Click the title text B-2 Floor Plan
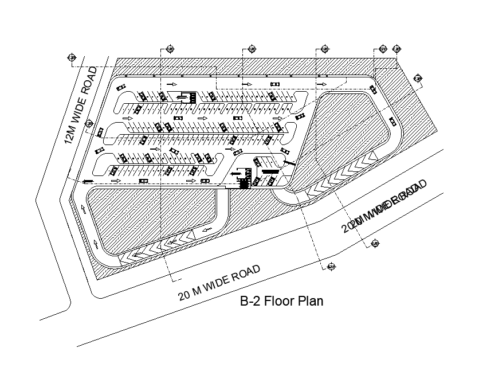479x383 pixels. [x=281, y=301]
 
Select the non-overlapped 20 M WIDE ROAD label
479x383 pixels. [x=219, y=283]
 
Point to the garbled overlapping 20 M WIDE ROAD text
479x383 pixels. [x=384, y=206]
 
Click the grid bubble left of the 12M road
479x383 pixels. [x=72, y=57]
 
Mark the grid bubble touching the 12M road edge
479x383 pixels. [x=89, y=124]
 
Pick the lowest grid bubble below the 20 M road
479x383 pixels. [x=331, y=267]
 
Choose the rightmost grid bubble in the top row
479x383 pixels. [x=397, y=50]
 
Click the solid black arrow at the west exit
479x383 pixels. [x=87, y=182]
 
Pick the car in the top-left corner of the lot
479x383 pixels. [x=120, y=87]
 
